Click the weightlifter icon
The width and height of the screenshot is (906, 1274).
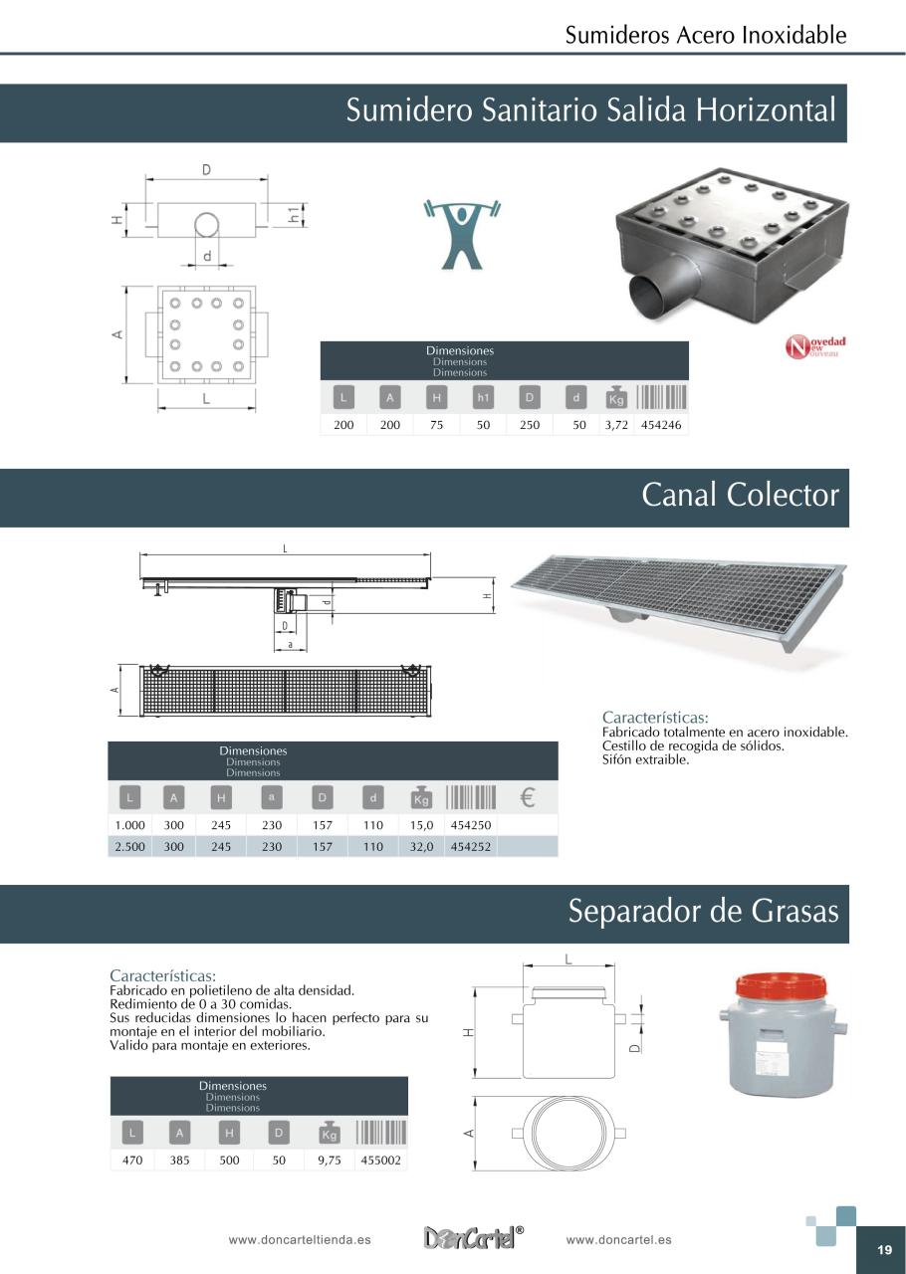point(462,233)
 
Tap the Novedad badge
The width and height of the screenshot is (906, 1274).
point(815,347)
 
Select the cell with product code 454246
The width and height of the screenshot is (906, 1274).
point(661,425)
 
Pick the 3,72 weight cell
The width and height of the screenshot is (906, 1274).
point(616,425)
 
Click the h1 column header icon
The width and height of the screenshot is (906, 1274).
point(483,398)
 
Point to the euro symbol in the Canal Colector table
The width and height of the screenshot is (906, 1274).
point(528,797)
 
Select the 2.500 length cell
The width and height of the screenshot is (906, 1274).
point(129,847)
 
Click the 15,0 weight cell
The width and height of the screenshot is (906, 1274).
point(422,825)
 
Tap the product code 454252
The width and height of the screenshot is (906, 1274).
point(471,847)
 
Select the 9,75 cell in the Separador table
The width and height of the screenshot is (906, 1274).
point(329,1161)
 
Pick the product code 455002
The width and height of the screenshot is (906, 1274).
point(381,1161)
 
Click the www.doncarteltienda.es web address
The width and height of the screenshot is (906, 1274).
point(300,1240)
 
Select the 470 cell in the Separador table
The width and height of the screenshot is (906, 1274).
point(132,1161)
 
